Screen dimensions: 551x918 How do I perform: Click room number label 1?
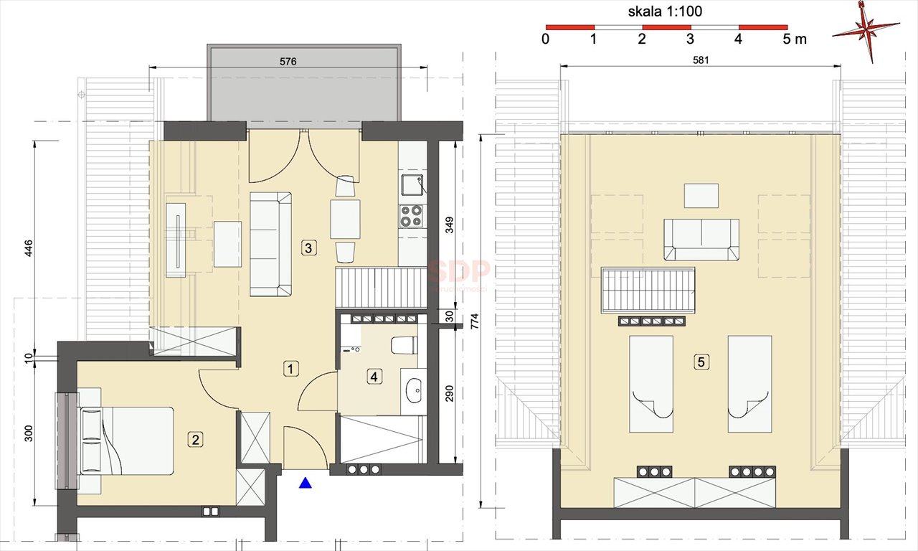tap(290, 369)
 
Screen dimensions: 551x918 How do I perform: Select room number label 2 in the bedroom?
tap(194, 439)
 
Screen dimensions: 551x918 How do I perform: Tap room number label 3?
tap(308, 248)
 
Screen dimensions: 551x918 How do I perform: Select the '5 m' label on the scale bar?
tap(795, 39)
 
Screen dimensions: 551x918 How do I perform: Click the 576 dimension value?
tap(288, 62)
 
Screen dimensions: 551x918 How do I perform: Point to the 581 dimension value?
tap(701, 61)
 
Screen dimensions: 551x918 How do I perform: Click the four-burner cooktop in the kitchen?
tap(411, 216)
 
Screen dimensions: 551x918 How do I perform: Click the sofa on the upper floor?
tap(701, 240)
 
